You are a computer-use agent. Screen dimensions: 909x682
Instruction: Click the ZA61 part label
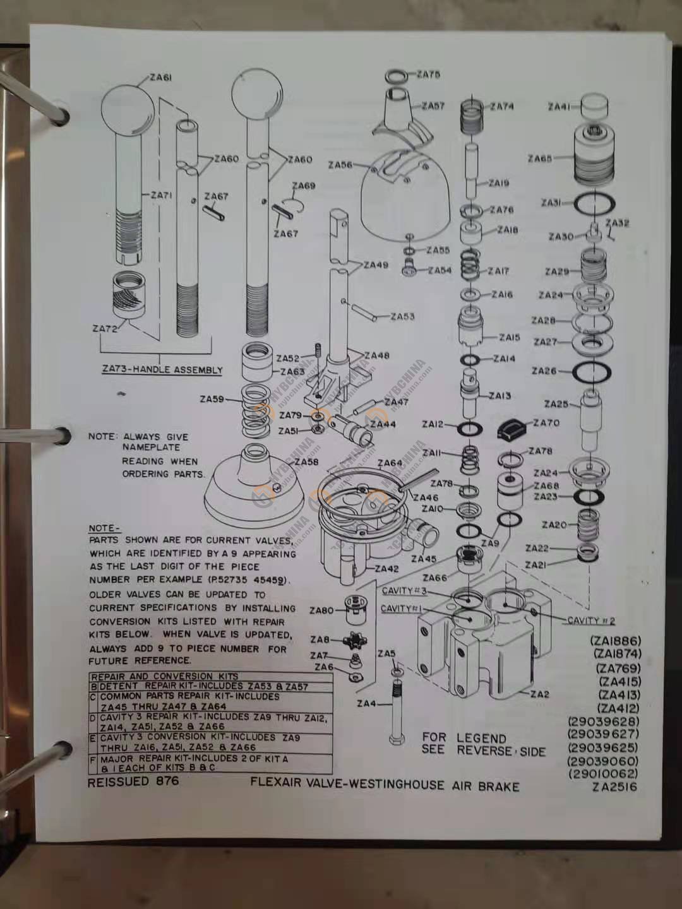point(162,78)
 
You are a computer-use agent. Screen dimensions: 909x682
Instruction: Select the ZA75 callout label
point(428,74)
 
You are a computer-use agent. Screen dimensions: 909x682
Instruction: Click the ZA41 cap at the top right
point(593,106)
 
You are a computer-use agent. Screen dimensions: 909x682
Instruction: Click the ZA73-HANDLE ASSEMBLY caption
point(162,370)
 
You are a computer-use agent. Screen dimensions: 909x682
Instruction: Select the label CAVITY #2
point(590,621)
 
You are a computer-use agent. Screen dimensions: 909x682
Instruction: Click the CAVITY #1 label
point(401,609)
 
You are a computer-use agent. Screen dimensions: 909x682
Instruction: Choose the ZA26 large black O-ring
point(592,372)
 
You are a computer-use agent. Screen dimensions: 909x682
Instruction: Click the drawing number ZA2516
point(614,787)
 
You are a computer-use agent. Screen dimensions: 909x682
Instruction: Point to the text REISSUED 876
point(133,781)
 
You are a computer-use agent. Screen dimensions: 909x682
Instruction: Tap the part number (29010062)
point(603,773)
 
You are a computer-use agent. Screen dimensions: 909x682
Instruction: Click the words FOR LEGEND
point(464,738)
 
